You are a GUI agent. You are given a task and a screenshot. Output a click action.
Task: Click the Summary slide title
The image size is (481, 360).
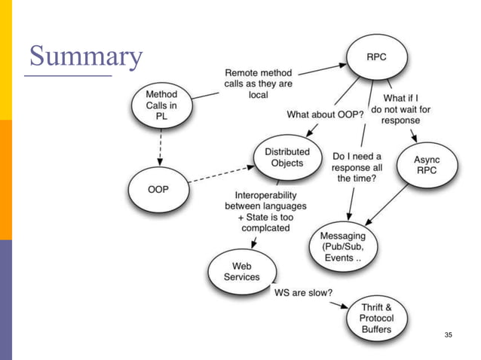84,56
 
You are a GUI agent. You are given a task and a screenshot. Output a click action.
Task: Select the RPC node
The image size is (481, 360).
376,55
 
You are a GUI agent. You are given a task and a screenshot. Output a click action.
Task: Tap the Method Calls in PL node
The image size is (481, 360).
161,105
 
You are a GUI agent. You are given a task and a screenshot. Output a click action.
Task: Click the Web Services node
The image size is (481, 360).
241,271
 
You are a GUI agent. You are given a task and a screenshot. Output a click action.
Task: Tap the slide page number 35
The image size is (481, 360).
450,334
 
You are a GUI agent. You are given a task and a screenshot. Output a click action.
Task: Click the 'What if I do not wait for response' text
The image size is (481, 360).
406,108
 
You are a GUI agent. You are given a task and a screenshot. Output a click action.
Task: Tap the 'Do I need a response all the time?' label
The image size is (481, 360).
357,166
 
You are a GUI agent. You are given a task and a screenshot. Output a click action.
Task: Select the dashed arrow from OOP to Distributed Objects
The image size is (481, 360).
219,174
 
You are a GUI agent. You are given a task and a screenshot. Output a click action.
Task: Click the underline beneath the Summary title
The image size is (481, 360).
68,75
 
